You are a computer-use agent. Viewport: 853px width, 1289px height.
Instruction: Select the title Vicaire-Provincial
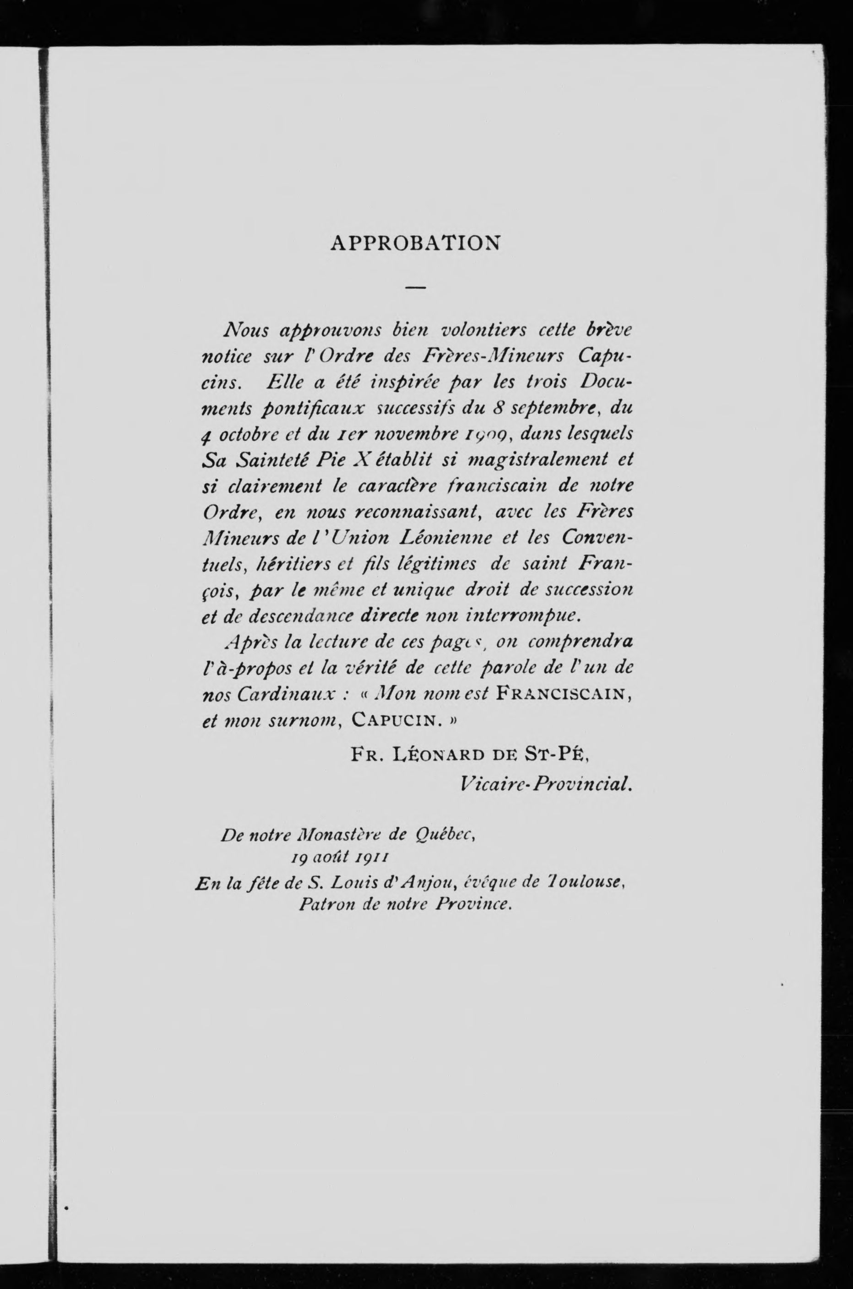coord(546,783)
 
